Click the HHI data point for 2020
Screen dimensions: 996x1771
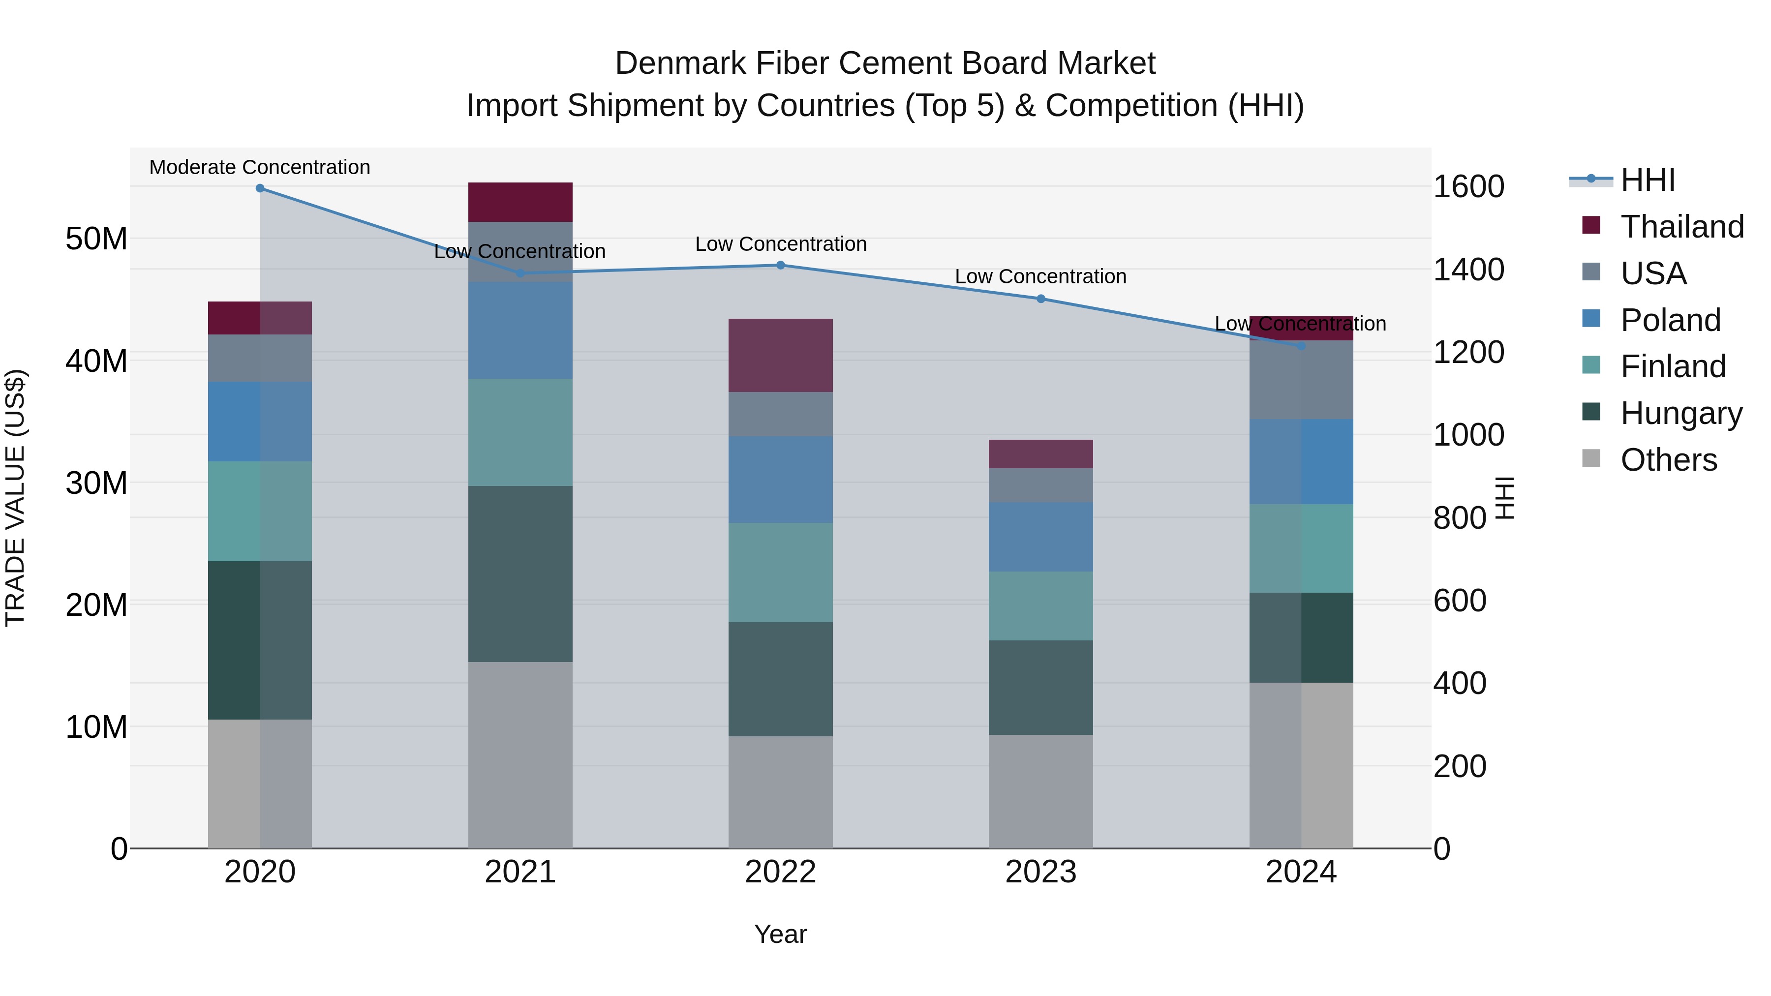[260, 188]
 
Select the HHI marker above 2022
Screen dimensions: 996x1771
[780, 265]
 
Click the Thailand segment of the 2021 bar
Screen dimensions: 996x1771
[520, 202]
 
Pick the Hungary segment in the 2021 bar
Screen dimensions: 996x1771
[520, 574]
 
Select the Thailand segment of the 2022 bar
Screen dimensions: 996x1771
[780, 356]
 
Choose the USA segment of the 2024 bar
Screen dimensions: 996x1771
[1301, 380]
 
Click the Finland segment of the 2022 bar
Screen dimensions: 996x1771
[780, 573]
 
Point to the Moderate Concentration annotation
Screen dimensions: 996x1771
[260, 168]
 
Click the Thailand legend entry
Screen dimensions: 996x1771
[1681, 227]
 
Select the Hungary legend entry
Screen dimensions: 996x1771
[1681, 413]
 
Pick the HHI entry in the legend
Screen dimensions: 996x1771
[1647, 180]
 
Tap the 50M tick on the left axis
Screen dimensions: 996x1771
[96, 239]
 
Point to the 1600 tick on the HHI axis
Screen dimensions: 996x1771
[1468, 187]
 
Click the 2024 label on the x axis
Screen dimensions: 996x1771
[1301, 872]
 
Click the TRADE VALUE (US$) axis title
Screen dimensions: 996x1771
[15, 498]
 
